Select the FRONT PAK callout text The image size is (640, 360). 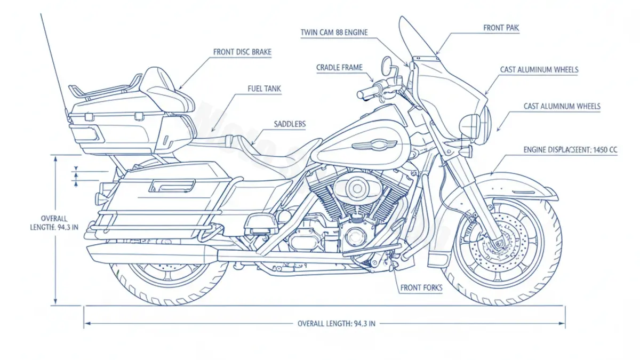click(501, 28)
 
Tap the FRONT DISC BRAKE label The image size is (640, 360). click(242, 52)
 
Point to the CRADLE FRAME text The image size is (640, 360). click(339, 68)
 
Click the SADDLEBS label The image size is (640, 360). click(290, 124)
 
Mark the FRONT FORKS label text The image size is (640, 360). click(421, 288)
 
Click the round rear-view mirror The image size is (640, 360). click(387, 67)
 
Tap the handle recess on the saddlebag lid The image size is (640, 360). click(172, 186)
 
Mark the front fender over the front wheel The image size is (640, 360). click(517, 184)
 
